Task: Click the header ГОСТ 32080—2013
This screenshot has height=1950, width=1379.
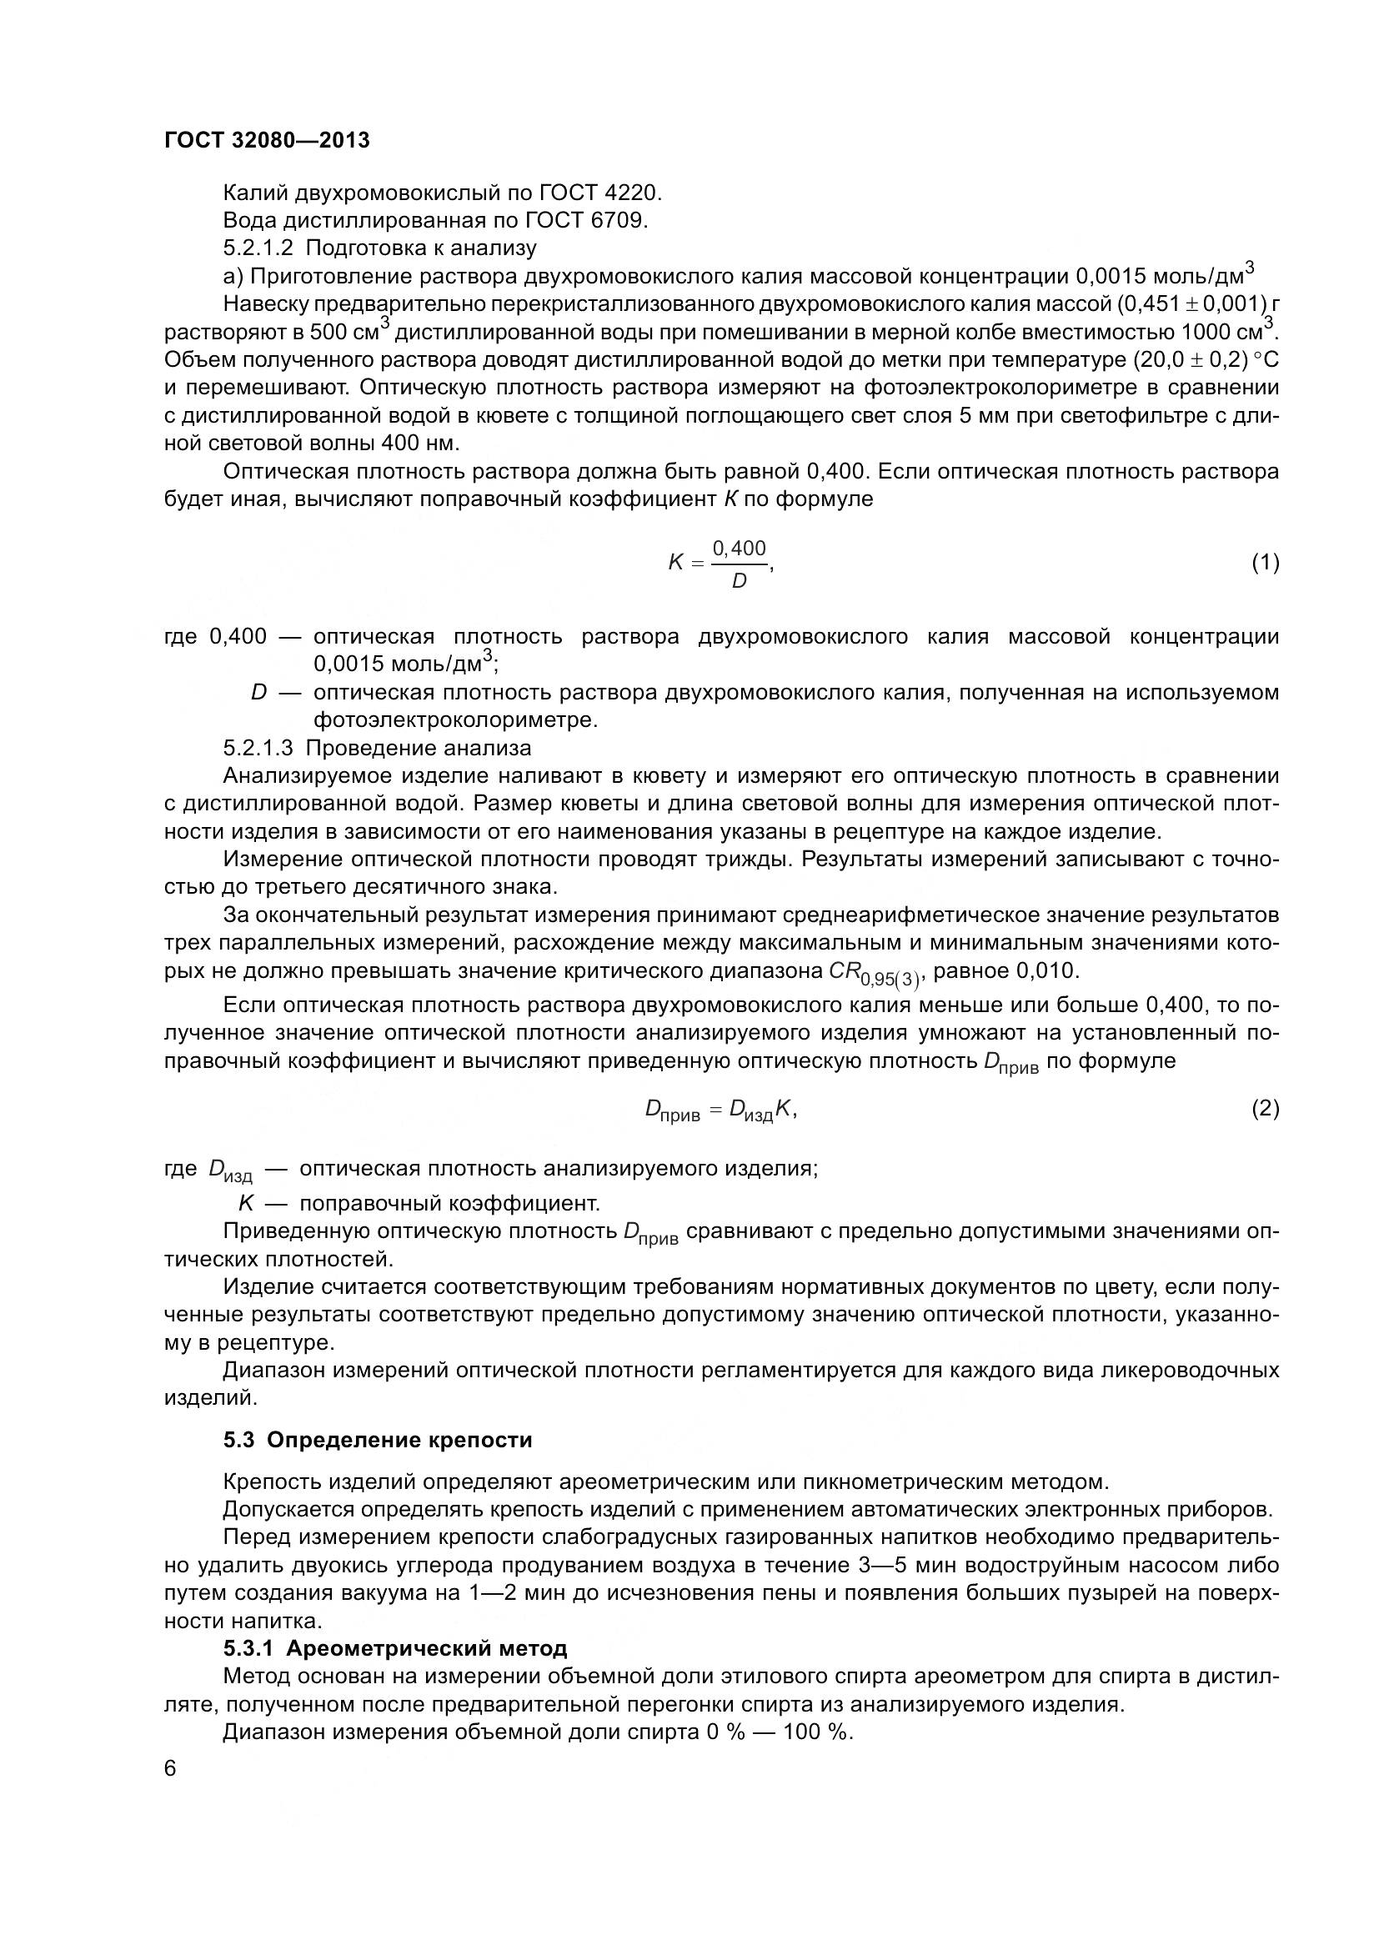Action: (267, 141)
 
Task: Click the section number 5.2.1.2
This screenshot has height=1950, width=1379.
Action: (258, 248)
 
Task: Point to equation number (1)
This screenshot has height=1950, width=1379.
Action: (1266, 562)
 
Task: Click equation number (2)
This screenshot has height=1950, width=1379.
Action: (1266, 1109)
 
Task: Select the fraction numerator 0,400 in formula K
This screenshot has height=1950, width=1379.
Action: (739, 548)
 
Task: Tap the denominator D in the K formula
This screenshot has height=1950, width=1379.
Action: (739, 582)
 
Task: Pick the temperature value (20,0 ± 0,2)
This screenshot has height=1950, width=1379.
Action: (1191, 360)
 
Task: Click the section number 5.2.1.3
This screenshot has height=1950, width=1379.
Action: (258, 748)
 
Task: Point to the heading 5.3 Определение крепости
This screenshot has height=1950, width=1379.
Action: (378, 1440)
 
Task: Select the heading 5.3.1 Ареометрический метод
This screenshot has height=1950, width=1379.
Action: (395, 1648)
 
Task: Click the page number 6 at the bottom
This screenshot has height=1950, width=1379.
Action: (170, 1768)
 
